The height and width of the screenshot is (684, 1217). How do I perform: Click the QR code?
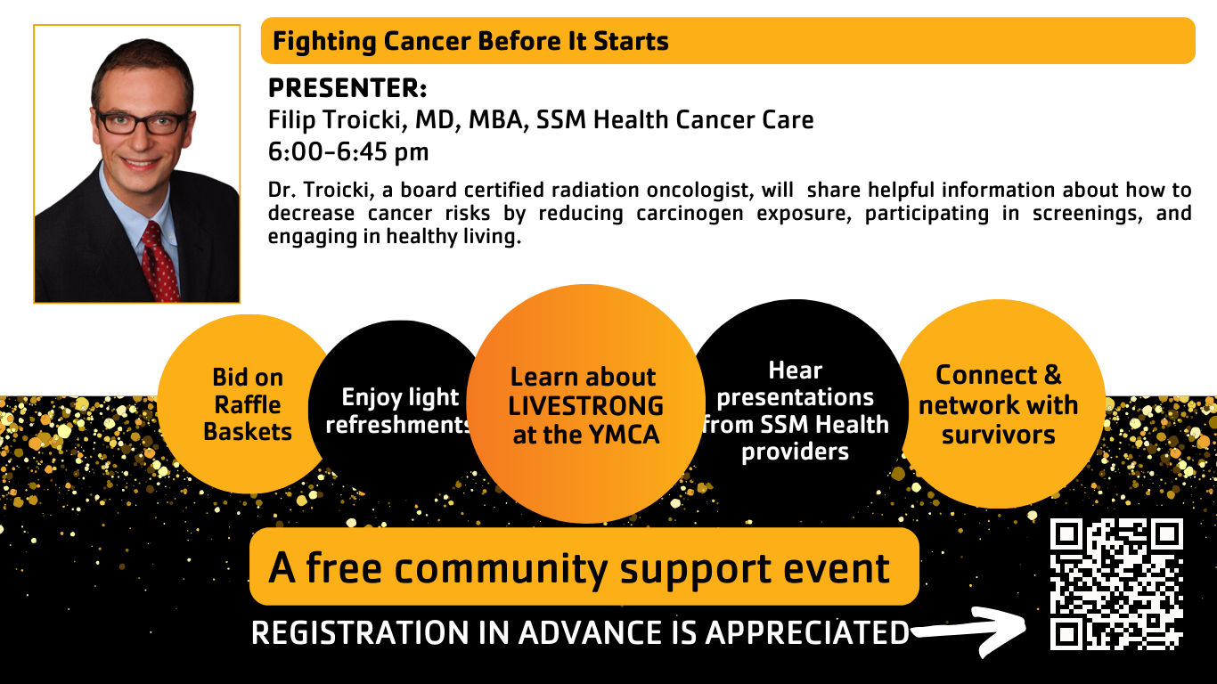(x=1116, y=584)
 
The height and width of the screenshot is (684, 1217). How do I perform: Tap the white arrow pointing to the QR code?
(x=973, y=631)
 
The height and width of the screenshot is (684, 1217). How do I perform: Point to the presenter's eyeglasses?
(x=143, y=122)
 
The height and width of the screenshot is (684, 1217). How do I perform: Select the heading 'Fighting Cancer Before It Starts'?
(x=470, y=41)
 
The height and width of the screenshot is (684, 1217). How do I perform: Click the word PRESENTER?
(x=347, y=88)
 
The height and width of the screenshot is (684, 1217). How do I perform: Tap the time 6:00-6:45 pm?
(x=348, y=151)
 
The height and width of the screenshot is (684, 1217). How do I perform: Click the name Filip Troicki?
(x=337, y=120)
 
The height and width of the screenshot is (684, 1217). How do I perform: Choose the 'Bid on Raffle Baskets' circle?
(x=247, y=404)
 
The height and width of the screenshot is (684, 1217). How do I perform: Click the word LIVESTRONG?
(x=585, y=406)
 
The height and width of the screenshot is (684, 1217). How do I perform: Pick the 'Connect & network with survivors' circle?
(x=1001, y=404)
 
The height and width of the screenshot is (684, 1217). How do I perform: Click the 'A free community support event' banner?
(x=584, y=566)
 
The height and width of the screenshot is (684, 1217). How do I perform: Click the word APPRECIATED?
(x=807, y=633)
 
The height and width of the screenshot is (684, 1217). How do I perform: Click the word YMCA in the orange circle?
(x=624, y=435)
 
